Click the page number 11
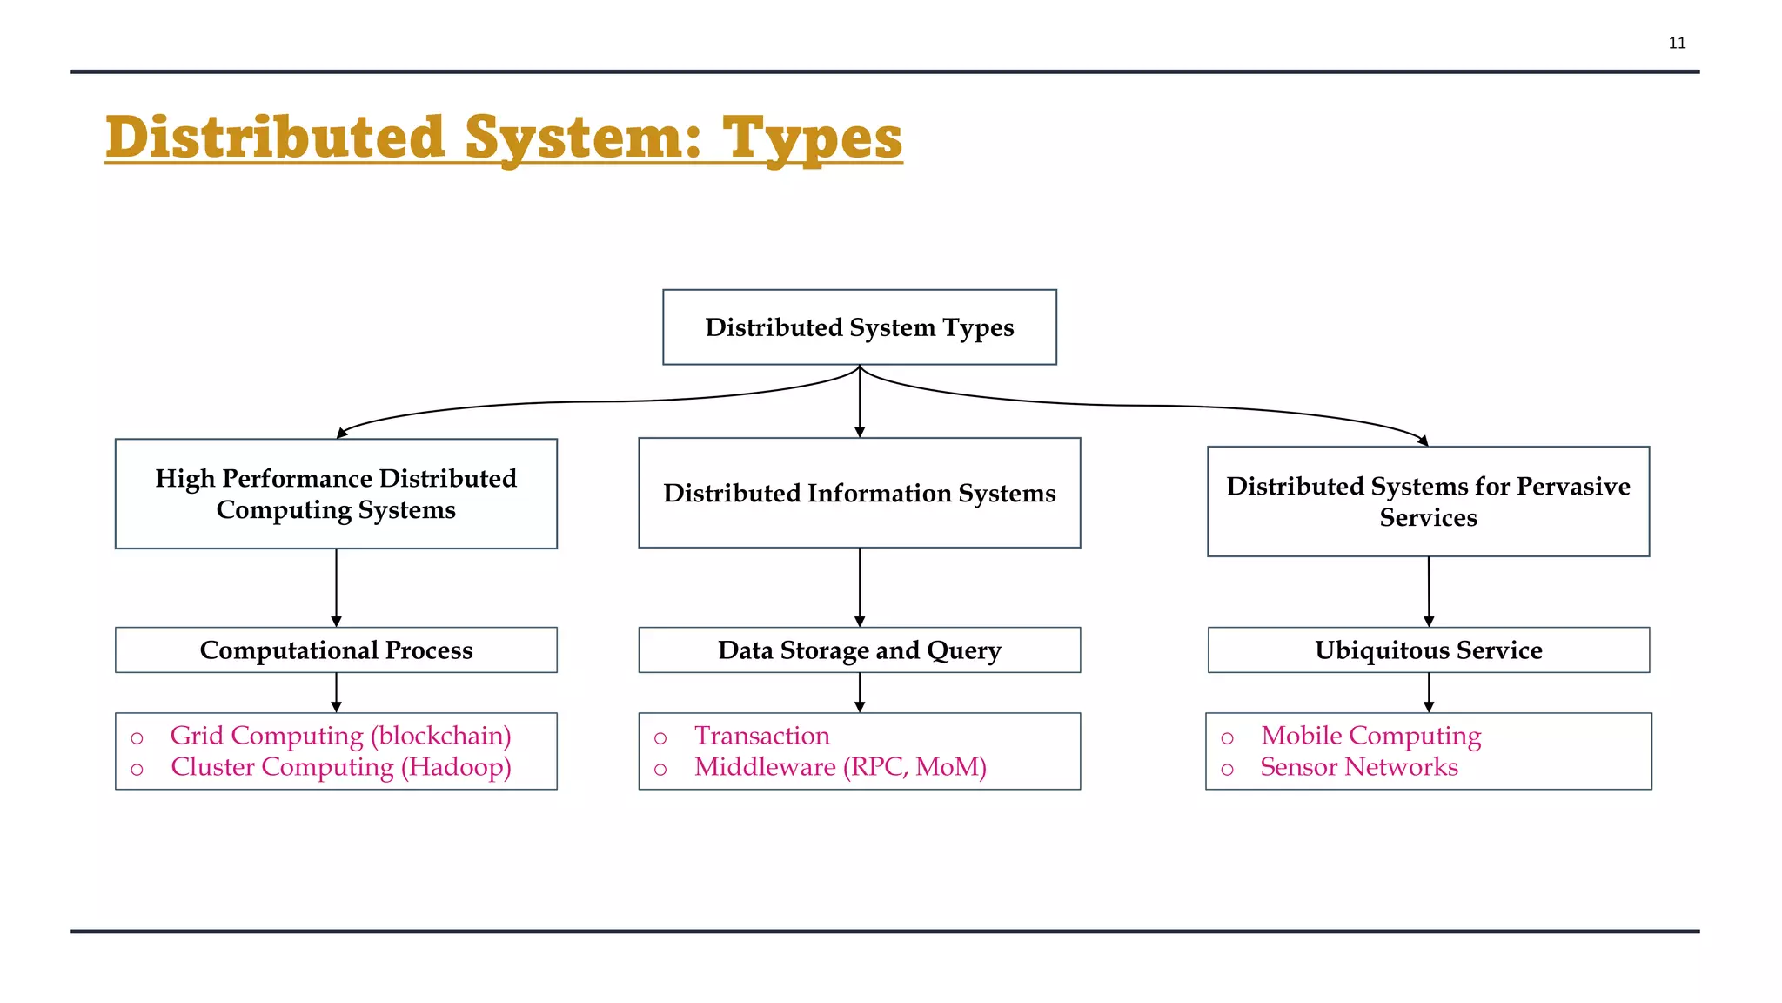coord(1677,43)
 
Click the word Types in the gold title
coord(812,138)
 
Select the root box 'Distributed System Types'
coord(859,327)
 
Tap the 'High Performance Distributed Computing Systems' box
coord(336,494)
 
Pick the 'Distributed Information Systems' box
coord(859,493)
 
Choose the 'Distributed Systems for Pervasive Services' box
coord(1428,501)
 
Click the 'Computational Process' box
coord(336,650)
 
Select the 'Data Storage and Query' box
coord(859,650)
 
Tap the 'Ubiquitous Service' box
coord(1428,650)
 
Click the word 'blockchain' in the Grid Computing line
coord(441,736)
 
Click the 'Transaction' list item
coord(761,736)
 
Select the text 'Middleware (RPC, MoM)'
coord(840,767)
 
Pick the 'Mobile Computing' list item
coord(1370,736)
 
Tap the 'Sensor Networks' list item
coord(1358,767)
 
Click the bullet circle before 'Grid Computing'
coord(137,738)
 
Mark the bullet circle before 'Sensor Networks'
coord(1227,770)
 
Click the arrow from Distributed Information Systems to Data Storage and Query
coord(860,587)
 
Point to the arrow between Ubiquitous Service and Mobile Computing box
coord(1429,693)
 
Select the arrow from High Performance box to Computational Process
coord(337,587)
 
